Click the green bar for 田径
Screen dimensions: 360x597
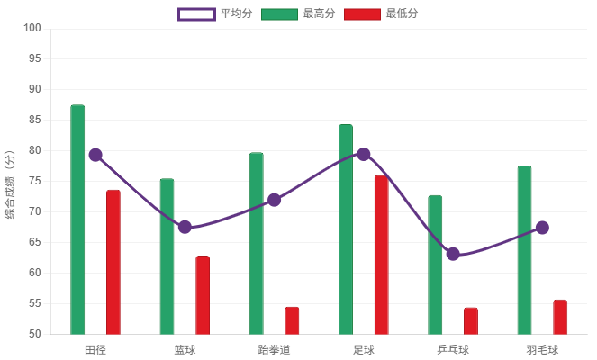pos(77,220)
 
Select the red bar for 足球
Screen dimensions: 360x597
pos(382,255)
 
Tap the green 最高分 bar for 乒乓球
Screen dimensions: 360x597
pos(435,265)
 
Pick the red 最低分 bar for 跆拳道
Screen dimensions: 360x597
pos(292,320)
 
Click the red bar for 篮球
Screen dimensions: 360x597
pos(203,295)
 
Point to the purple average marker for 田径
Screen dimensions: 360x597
pos(95,155)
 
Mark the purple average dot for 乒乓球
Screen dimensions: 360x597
pos(453,254)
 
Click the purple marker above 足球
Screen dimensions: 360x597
pos(364,154)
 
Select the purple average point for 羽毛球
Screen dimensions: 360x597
pos(542,228)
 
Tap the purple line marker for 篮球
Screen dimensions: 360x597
pos(185,227)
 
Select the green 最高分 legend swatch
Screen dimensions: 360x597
pos(279,13)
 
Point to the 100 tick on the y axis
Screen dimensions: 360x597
pos(32,28)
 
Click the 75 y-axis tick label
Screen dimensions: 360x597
pos(35,181)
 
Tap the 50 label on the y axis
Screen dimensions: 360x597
pos(35,334)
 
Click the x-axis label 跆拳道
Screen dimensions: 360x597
pos(274,349)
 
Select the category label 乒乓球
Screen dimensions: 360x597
pos(453,349)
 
